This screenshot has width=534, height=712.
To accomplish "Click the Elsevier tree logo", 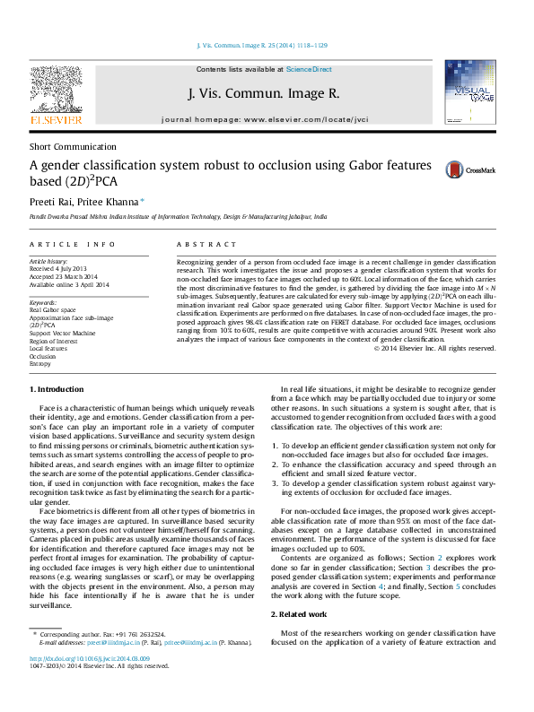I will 57,89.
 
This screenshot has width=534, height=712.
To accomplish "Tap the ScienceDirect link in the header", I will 309,69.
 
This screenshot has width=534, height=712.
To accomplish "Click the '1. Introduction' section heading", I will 58,389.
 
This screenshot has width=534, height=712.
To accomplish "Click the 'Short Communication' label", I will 73,146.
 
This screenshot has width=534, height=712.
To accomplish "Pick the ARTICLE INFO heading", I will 73,244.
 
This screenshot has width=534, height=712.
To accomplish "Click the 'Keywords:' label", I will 42,303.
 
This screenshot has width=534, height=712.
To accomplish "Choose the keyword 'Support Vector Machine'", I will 62,333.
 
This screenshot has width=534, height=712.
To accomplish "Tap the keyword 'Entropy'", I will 41,364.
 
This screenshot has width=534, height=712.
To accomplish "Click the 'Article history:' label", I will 49,260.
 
